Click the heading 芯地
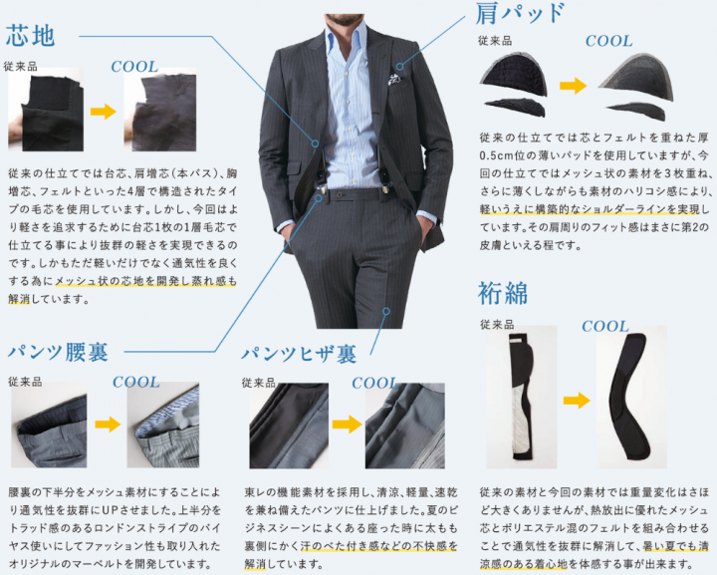(x=31, y=36)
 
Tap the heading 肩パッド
(x=520, y=13)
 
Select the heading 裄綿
(x=503, y=293)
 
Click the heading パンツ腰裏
(x=59, y=352)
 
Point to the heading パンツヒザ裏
(x=300, y=354)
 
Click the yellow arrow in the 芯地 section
(x=104, y=112)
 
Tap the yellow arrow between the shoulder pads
(x=574, y=86)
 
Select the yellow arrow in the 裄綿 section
(x=577, y=401)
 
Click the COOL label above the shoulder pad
(x=609, y=41)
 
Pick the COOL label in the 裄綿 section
(x=605, y=326)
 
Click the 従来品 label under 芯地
(x=21, y=67)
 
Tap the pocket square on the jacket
(x=393, y=79)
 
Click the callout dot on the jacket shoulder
(x=399, y=67)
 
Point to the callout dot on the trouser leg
(x=386, y=311)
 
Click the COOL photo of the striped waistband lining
(x=162, y=425)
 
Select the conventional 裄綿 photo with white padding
(x=522, y=397)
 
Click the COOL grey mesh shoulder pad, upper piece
(x=637, y=76)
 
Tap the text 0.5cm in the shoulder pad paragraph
(x=497, y=155)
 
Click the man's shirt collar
(x=347, y=33)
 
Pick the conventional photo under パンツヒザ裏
(x=289, y=426)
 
